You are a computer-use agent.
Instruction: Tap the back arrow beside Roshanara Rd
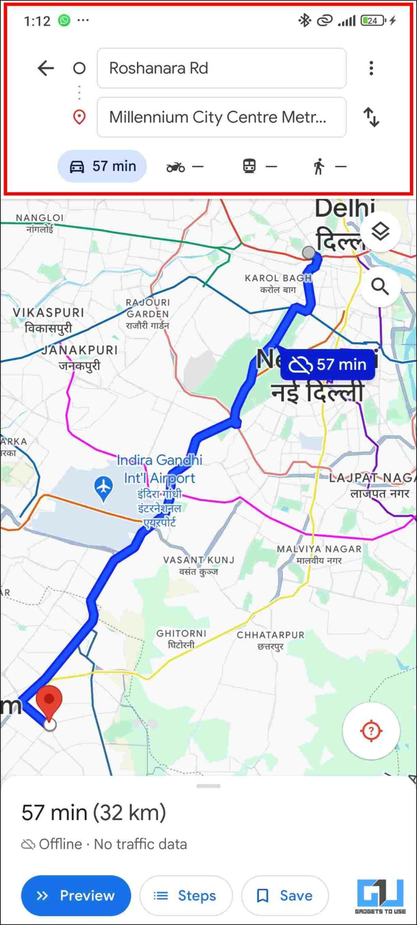(46, 68)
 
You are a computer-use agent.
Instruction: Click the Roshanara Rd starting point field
(221, 68)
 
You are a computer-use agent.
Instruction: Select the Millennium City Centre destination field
(221, 117)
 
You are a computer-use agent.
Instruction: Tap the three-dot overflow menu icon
(371, 68)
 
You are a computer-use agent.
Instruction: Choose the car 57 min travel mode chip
(102, 166)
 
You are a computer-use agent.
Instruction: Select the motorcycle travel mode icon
(176, 167)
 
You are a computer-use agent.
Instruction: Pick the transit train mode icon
(249, 166)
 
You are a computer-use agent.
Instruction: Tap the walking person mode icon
(319, 166)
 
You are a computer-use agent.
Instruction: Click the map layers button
(380, 232)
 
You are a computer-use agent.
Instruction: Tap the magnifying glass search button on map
(380, 286)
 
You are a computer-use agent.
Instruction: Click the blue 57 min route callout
(328, 364)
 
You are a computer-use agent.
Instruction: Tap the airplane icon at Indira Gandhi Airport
(103, 488)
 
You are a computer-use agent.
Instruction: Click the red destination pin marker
(49, 701)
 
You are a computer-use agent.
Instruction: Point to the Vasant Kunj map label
(199, 565)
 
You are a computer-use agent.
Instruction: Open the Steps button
(186, 896)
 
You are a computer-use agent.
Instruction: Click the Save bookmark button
(285, 896)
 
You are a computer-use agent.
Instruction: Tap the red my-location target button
(371, 730)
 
